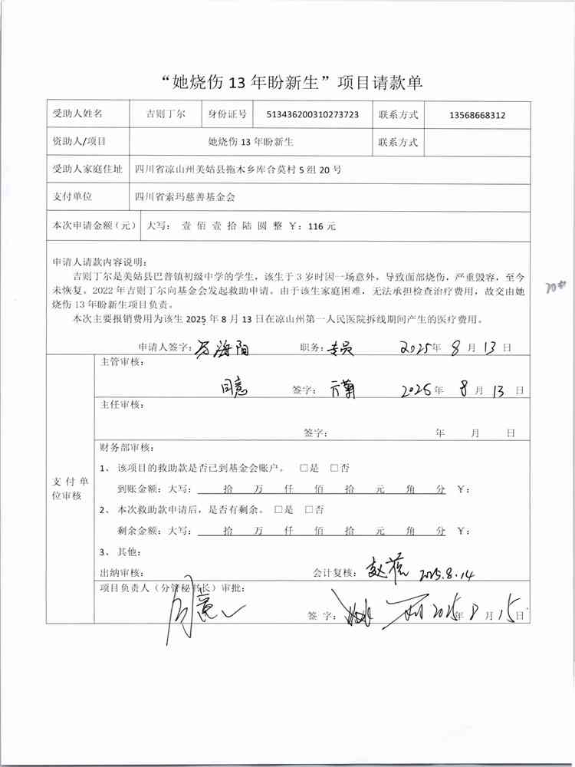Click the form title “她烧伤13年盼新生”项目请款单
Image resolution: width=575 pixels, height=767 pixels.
[287, 82]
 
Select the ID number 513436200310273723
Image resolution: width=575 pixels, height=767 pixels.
[312, 115]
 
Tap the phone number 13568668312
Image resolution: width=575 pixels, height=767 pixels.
[477, 115]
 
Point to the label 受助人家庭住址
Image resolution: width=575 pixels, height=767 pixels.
[86, 170]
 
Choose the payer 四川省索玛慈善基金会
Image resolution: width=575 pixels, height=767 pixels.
[184, 196]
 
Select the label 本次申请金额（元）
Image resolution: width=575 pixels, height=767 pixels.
[92, 226]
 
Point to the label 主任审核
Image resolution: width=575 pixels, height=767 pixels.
[122, 404]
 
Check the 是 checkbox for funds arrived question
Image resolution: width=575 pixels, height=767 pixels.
[304, 468]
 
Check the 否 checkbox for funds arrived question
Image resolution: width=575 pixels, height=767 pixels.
[334, 468]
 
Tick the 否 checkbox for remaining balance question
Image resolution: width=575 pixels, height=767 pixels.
[308, 509]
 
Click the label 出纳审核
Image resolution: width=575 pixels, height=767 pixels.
[121, 573]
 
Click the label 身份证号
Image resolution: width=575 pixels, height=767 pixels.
[227, 114]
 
